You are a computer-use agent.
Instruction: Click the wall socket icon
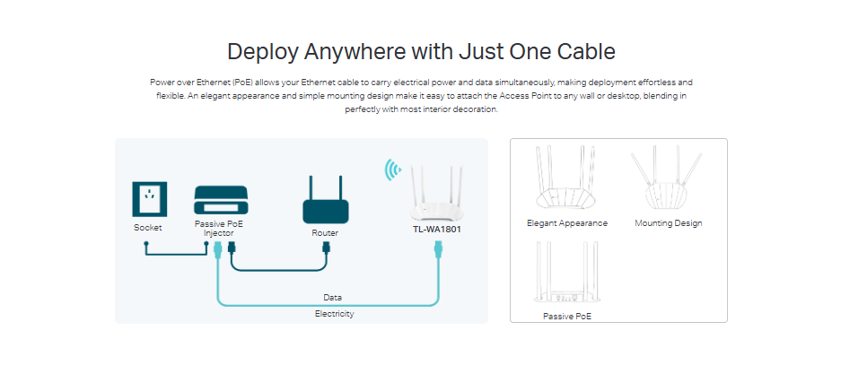pyautogui.click(x=148, y=198)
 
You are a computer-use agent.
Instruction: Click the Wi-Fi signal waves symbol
pyautogui.click(x=392, y=170)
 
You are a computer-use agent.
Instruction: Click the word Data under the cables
pyautogui.click(x=332, y=297)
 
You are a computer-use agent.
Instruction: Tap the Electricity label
pyautogui.click(x=334, y=314)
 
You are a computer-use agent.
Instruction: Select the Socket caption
pyautogui.click(x=148, y=228)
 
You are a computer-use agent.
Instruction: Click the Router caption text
pyautogui.click(x=324, y=233)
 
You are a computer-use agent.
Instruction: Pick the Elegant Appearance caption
pyautogui.click(x=567, y=223)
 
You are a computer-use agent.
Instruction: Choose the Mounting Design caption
pyautogui.click(x=668, y=223)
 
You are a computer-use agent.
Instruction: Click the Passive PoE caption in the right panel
pyautogui.click(x=567, y=316)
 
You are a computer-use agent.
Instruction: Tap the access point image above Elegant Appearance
pyautogui.click(x=566, y=178)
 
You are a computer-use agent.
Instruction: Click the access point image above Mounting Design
pyautogui.click(x=668, y=179)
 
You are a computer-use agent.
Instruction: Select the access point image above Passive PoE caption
pyautogui.click(x=566, y=274)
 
